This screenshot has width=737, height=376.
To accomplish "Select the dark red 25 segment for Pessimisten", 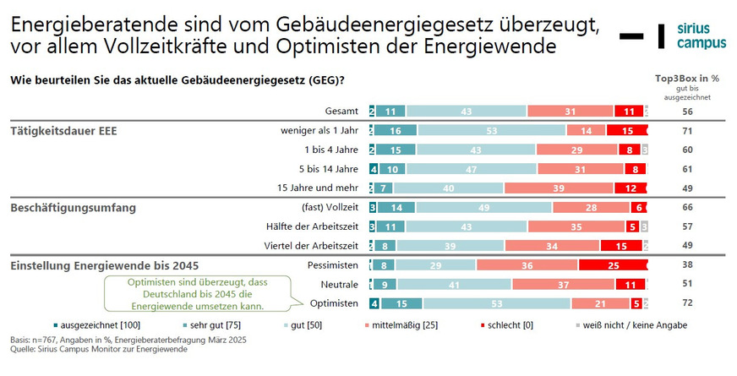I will click(612, 264).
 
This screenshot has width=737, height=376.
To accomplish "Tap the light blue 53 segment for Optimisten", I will click(496, 303).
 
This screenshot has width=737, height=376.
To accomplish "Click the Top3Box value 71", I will click(687, 131).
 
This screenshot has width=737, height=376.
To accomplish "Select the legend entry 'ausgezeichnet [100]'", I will click(94, 325).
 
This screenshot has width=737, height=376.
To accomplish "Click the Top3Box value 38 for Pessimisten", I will click(687, 264).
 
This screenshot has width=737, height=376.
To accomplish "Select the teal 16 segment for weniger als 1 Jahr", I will click(397, 131).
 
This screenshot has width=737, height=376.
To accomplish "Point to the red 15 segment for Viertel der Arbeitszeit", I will click(620, 246).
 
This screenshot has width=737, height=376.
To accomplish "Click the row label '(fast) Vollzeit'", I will click(330, 207).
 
